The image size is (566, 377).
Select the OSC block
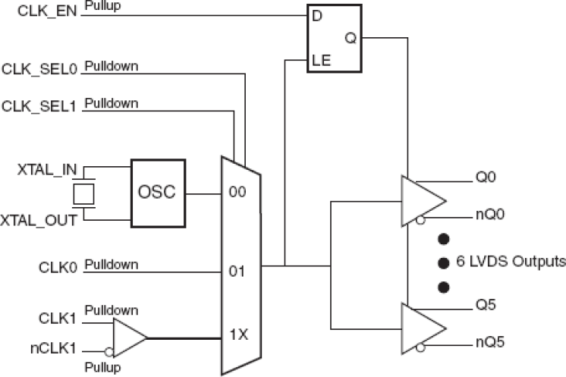[x=158, y=192]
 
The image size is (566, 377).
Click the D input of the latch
[x=317, y=14]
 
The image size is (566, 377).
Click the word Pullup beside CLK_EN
[x=102, y=7]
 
